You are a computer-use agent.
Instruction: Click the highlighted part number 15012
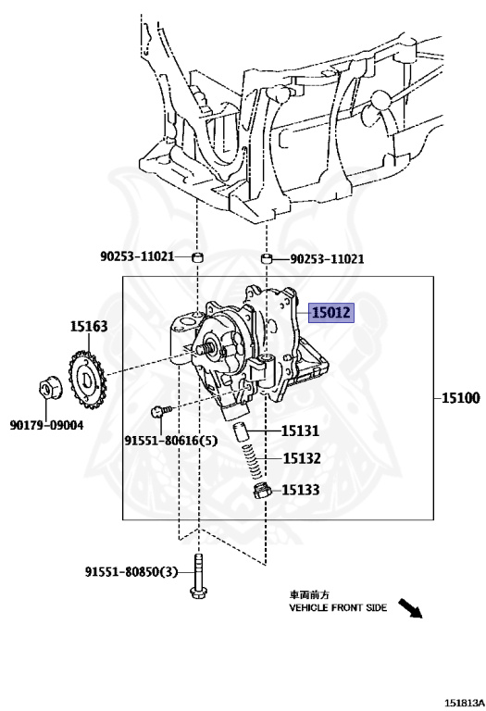(x=331, y=312)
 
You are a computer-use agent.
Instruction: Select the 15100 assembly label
(x=460, y=398)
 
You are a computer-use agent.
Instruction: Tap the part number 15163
(x=89, y=326)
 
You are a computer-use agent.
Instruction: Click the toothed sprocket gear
(x=87, y=377)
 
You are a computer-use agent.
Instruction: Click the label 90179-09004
(x=46, y=425)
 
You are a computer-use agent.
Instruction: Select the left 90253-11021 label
(x=137, y=256)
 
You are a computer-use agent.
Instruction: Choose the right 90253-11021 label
(x=327, y=259)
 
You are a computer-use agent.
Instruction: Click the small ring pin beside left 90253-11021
(x=197, y=257)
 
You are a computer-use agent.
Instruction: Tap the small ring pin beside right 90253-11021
(x=266, y=259)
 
